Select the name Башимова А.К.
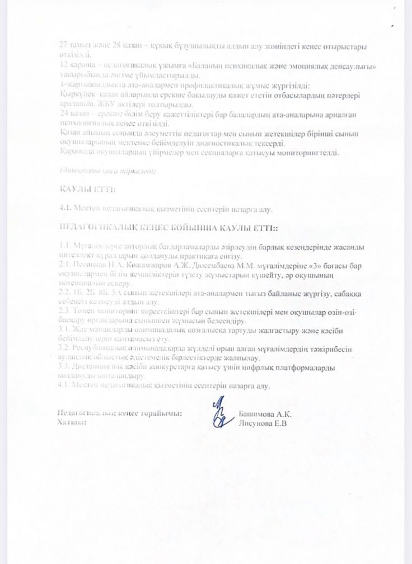point(265,414)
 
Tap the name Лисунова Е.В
point(263,423)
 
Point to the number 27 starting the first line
point(63,46)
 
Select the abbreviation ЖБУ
point(105,105)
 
